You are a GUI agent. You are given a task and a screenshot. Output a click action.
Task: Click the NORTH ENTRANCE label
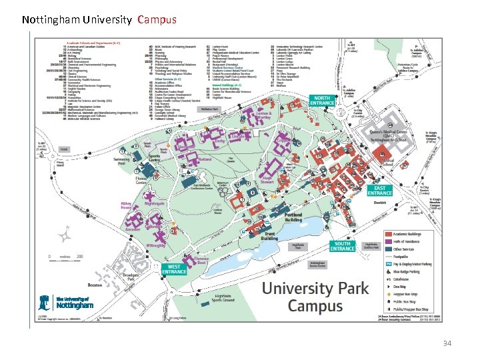[323, 100]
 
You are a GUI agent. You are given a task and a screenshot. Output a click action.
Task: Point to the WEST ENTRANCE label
[174, 269]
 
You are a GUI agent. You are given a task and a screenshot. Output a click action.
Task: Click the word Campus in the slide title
[157, 20]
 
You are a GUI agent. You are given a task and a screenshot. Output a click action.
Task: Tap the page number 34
[447, 343]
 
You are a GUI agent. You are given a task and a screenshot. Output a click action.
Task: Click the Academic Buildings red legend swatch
[389, 234]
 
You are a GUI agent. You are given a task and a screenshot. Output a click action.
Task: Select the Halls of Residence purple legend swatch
[389, 242]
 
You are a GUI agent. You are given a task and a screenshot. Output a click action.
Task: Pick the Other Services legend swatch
[389, 250]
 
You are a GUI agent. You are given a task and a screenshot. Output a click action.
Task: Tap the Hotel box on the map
[65, 149]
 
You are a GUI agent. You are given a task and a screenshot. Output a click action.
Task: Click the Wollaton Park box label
[209, 109]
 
